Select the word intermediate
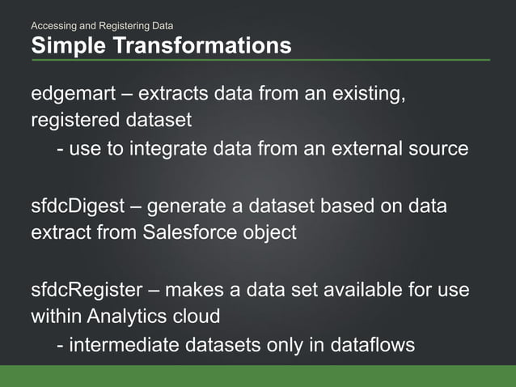tap(127, 345)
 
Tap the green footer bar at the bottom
tap(258, 376)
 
